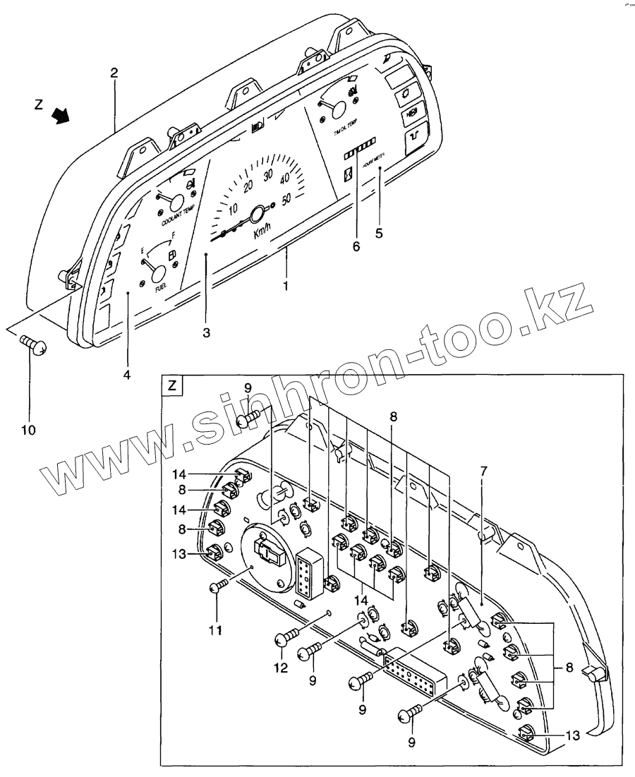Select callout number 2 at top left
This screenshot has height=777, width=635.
tap(114, 72)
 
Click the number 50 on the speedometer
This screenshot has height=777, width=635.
tap(286, 199)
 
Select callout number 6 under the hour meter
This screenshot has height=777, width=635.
tap(356, 246)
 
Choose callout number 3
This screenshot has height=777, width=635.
tap(205, 332)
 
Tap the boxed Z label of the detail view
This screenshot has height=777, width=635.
tap(173, 386)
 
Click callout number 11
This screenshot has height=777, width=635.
tap(216, 629)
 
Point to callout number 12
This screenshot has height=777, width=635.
tap(281, 668)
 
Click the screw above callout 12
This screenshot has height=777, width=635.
tap(285, 638)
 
